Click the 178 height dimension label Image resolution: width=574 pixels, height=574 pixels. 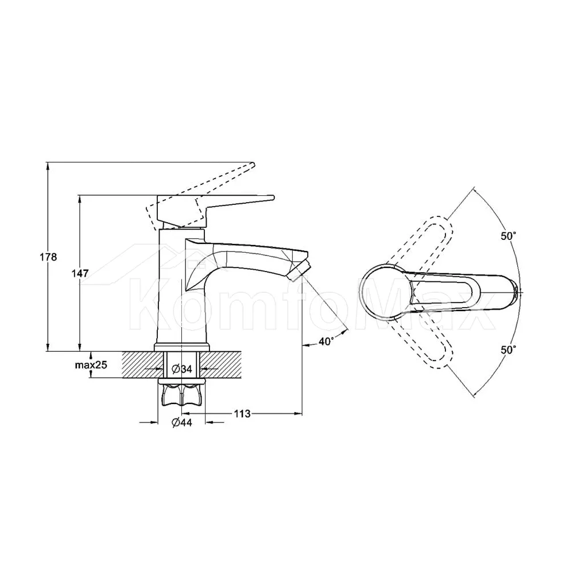tap(48, 257)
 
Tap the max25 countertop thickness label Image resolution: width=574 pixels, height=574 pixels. tap(91, 364)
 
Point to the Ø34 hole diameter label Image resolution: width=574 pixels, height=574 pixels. tap(182, 369)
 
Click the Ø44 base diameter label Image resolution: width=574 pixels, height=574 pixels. tap(181, 422)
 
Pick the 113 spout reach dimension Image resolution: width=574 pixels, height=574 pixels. tap(242, 414)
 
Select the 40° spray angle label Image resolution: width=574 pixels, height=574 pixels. tap(326, 342)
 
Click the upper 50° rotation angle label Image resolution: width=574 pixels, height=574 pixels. tap(509, 236)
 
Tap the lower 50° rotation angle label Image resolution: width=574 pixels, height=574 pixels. tap(509, 350)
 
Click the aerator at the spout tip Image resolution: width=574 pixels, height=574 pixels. tap(301, 270)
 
